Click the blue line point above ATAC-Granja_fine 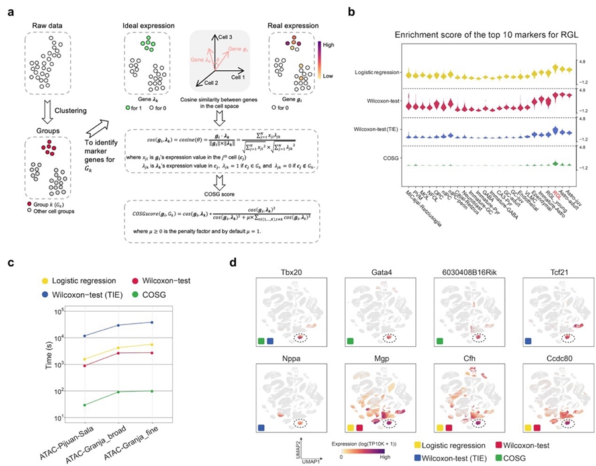pos(153,322)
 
